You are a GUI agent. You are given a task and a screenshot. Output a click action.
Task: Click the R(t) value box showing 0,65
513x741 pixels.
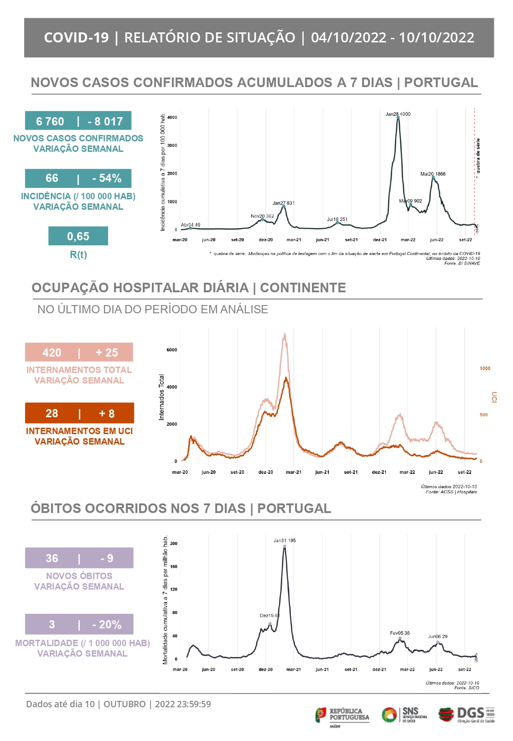coord(78,236)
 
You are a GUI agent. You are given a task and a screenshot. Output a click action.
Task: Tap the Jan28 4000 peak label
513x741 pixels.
coord(398,114)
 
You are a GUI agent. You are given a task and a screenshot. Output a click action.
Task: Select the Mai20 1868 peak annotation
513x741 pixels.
coord(433,174)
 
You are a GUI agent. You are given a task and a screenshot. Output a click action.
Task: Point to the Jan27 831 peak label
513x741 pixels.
coord(283,203)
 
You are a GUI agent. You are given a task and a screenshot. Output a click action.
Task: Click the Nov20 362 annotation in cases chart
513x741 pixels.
coord(262,216)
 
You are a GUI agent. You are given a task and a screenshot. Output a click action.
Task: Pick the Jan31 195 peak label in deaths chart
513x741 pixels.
coord(285,540)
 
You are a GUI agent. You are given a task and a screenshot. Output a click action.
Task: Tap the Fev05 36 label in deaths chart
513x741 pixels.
coord(399,633)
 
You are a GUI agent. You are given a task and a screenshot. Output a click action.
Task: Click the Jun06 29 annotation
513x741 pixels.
coord(437,637)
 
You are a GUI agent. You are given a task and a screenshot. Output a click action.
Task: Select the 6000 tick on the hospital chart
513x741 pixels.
coord(172,350)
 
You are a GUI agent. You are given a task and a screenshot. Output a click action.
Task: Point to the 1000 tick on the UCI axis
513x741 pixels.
coord(485,368)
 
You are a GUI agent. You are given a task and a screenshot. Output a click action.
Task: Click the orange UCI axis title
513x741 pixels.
coord(494,397)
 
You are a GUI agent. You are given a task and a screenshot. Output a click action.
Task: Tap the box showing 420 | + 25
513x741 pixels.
coord(79,352)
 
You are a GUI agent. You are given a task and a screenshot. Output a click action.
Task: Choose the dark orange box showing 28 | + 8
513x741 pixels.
coord(79,413)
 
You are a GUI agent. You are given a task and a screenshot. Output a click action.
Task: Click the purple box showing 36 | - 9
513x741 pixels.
coord(79,558)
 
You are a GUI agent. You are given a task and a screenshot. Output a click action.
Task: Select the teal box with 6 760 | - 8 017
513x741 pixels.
coord(78,121)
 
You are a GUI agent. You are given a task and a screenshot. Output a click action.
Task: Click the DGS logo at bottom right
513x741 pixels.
coord(466,715)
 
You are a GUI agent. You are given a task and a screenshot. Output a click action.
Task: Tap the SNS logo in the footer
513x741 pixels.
coord(404,715)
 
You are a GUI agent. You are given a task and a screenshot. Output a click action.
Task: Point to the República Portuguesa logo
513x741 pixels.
coord(342,715)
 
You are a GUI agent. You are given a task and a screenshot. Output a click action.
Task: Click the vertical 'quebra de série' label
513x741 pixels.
coord(478,156)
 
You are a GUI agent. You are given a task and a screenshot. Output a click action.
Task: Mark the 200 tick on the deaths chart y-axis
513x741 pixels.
coord(173,544)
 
